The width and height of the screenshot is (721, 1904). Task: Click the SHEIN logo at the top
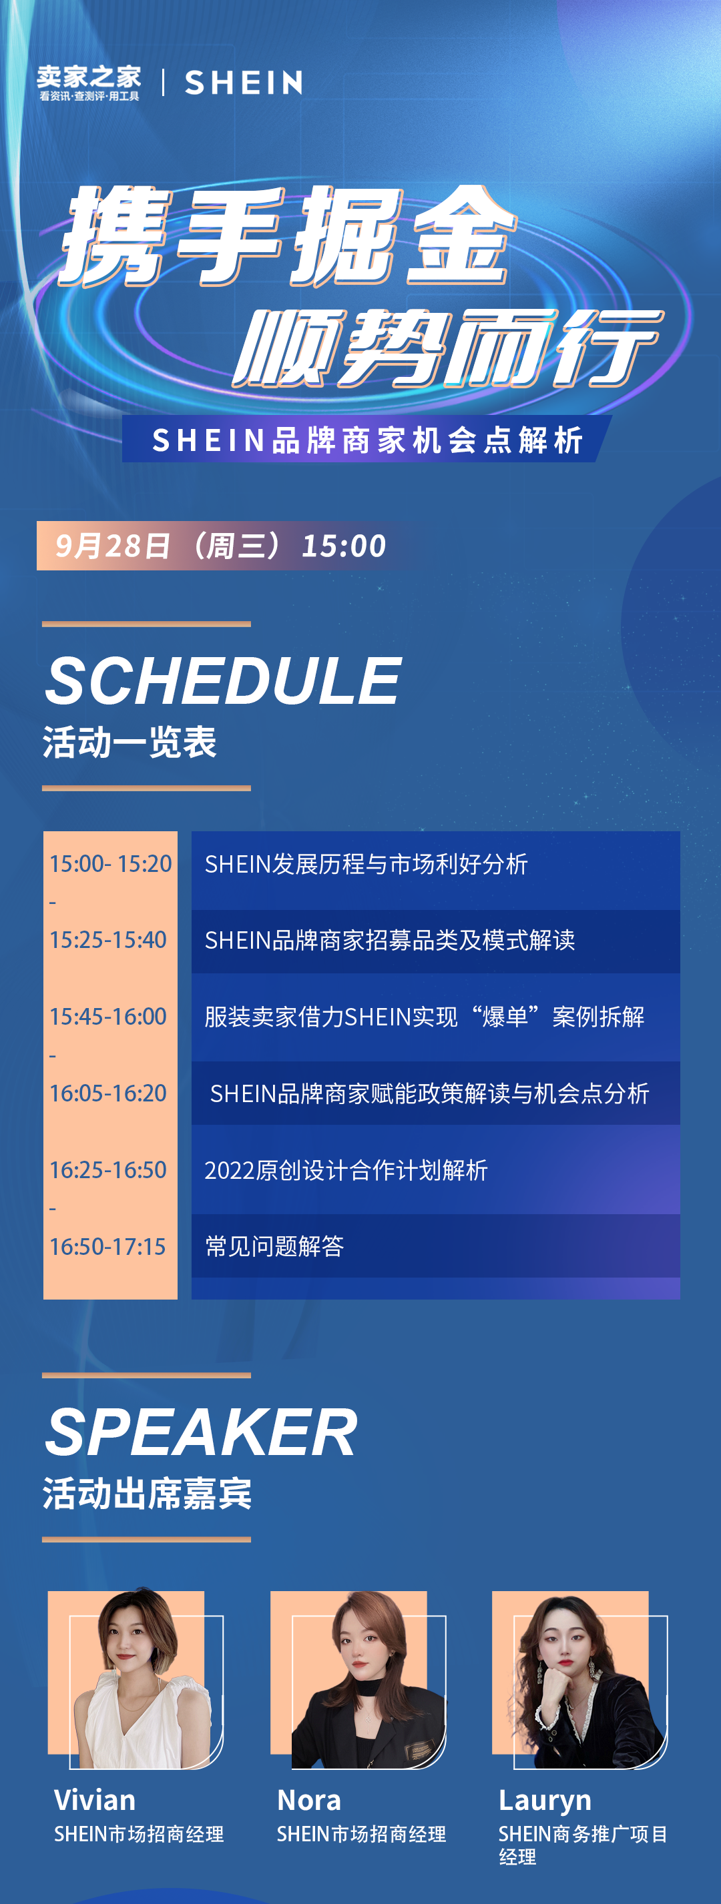243,82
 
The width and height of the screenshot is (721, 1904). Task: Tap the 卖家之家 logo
89,82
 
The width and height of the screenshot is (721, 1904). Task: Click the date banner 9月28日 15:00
220,546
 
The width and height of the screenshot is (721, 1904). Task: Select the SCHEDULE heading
224,680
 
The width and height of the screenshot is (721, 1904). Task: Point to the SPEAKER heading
201,1432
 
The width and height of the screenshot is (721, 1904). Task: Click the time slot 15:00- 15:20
111,863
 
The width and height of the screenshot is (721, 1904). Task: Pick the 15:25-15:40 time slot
108,939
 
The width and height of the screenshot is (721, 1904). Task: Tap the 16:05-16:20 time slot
108,1093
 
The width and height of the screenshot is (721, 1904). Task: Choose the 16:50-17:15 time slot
108,1246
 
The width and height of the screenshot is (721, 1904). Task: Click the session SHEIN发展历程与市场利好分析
366,863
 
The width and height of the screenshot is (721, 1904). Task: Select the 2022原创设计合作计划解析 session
346,1170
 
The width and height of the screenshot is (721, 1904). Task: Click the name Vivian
95,1800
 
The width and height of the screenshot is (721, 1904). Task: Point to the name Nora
309,1800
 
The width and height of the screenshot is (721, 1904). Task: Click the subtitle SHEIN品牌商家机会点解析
368,440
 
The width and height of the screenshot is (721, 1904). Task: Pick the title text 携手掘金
288,235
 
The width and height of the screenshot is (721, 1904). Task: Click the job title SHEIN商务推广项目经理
583,1845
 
